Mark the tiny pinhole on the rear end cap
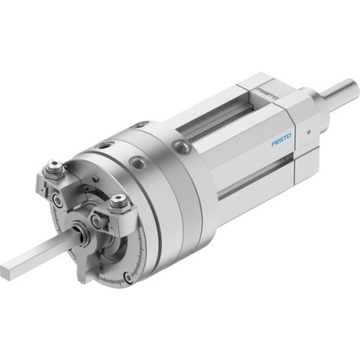pyautogui.click(x=307, y=133)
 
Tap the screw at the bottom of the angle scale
pyautogui.click(x=127, y=276)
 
